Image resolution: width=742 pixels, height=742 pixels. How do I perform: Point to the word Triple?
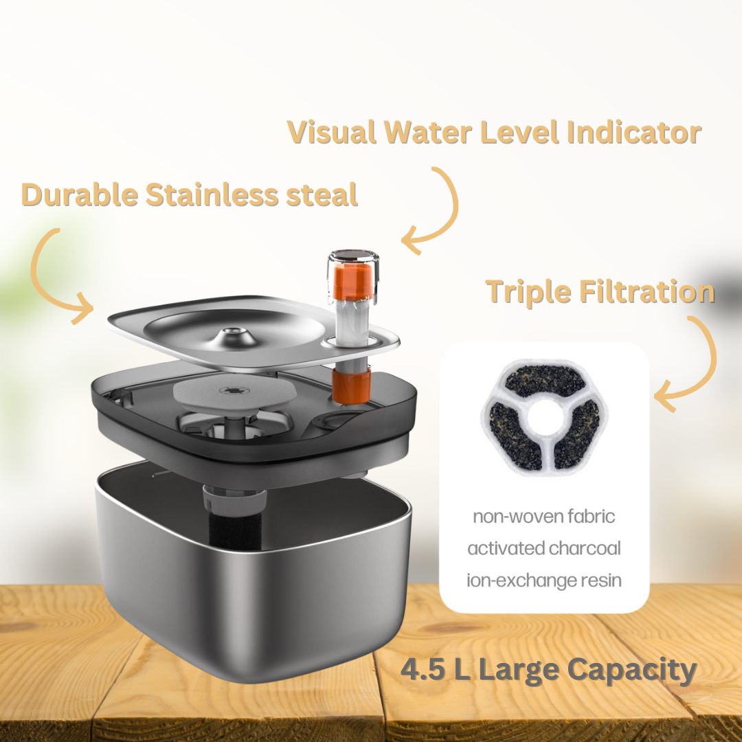click(528, 293)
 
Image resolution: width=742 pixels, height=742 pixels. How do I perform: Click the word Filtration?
click(647, 291)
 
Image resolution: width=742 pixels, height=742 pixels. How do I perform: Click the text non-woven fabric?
click(543, 516)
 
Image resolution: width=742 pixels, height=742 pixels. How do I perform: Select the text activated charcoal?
click(543, 548)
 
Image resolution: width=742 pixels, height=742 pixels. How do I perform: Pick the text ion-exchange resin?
click(543, 580)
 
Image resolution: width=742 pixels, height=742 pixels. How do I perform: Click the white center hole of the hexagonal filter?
click(544, 416)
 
